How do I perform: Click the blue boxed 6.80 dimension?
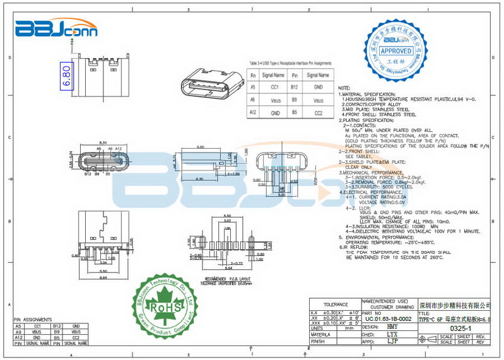(x=66, y=75)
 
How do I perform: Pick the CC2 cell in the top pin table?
(x=319, y=113)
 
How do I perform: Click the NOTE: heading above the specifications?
(x=345, y=88)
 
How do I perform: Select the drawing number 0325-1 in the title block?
(x=462, y=328)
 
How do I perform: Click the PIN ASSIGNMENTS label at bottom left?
(x=32, y=320)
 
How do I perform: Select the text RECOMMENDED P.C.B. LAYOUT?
(x=228, y=277)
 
